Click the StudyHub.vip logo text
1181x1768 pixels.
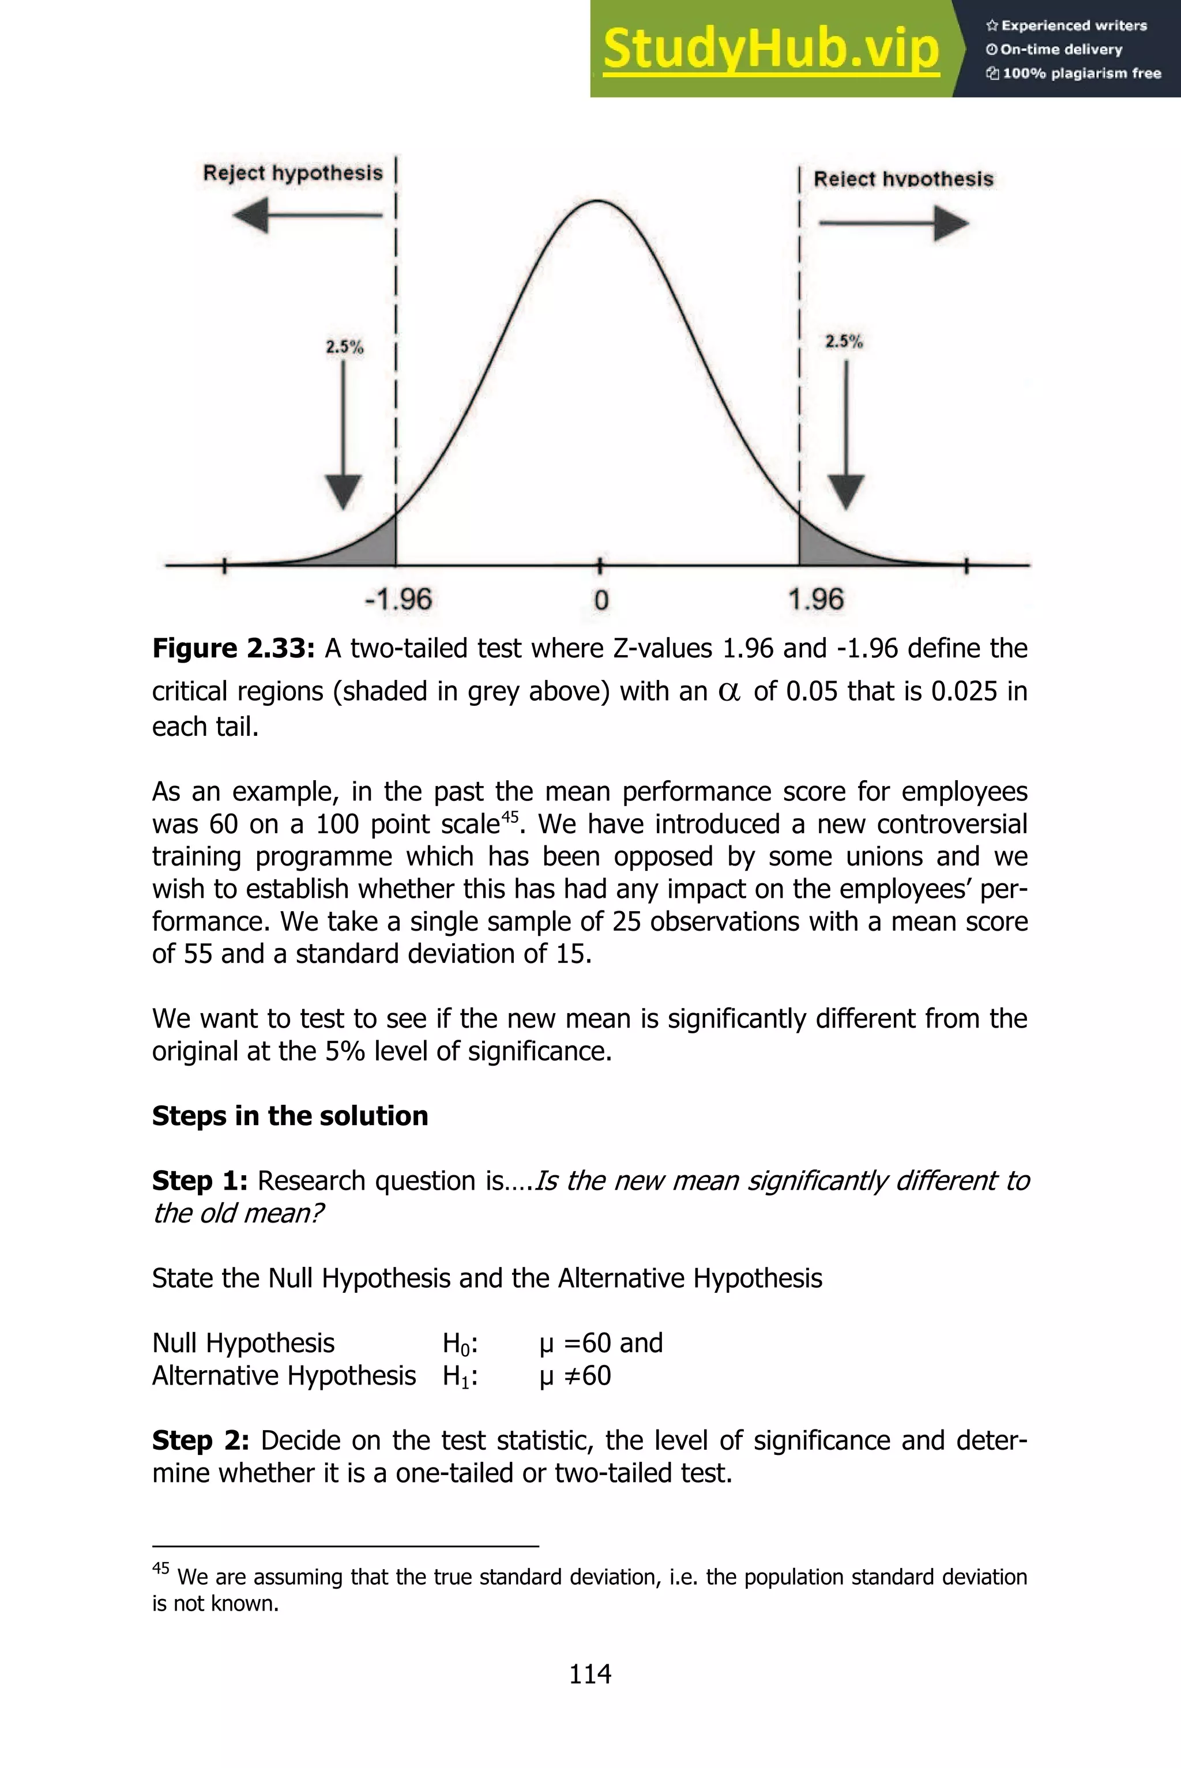tap(770, 49)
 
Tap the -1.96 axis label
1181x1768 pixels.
tap(398, 599)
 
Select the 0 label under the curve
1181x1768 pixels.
tap(600, 600)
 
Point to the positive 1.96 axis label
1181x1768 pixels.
tap(816, 599)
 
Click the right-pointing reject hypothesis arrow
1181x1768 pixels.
tap(893, 224)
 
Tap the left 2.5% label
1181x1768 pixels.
tap(344, 347)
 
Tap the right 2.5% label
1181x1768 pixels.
tap(844, 341)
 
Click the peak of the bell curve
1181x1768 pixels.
tap(597, 201)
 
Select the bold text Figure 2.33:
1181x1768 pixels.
tap(233, 648)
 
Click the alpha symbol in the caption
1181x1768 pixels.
tap(728, 692)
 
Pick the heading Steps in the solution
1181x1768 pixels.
tap(290, 1116)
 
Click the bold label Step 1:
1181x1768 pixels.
tap(200, 1180)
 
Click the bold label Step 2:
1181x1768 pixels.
tap(200, 1440)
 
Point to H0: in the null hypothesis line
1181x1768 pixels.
tap(460, 1344)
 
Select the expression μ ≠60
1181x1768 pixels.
tap(575, 1376)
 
